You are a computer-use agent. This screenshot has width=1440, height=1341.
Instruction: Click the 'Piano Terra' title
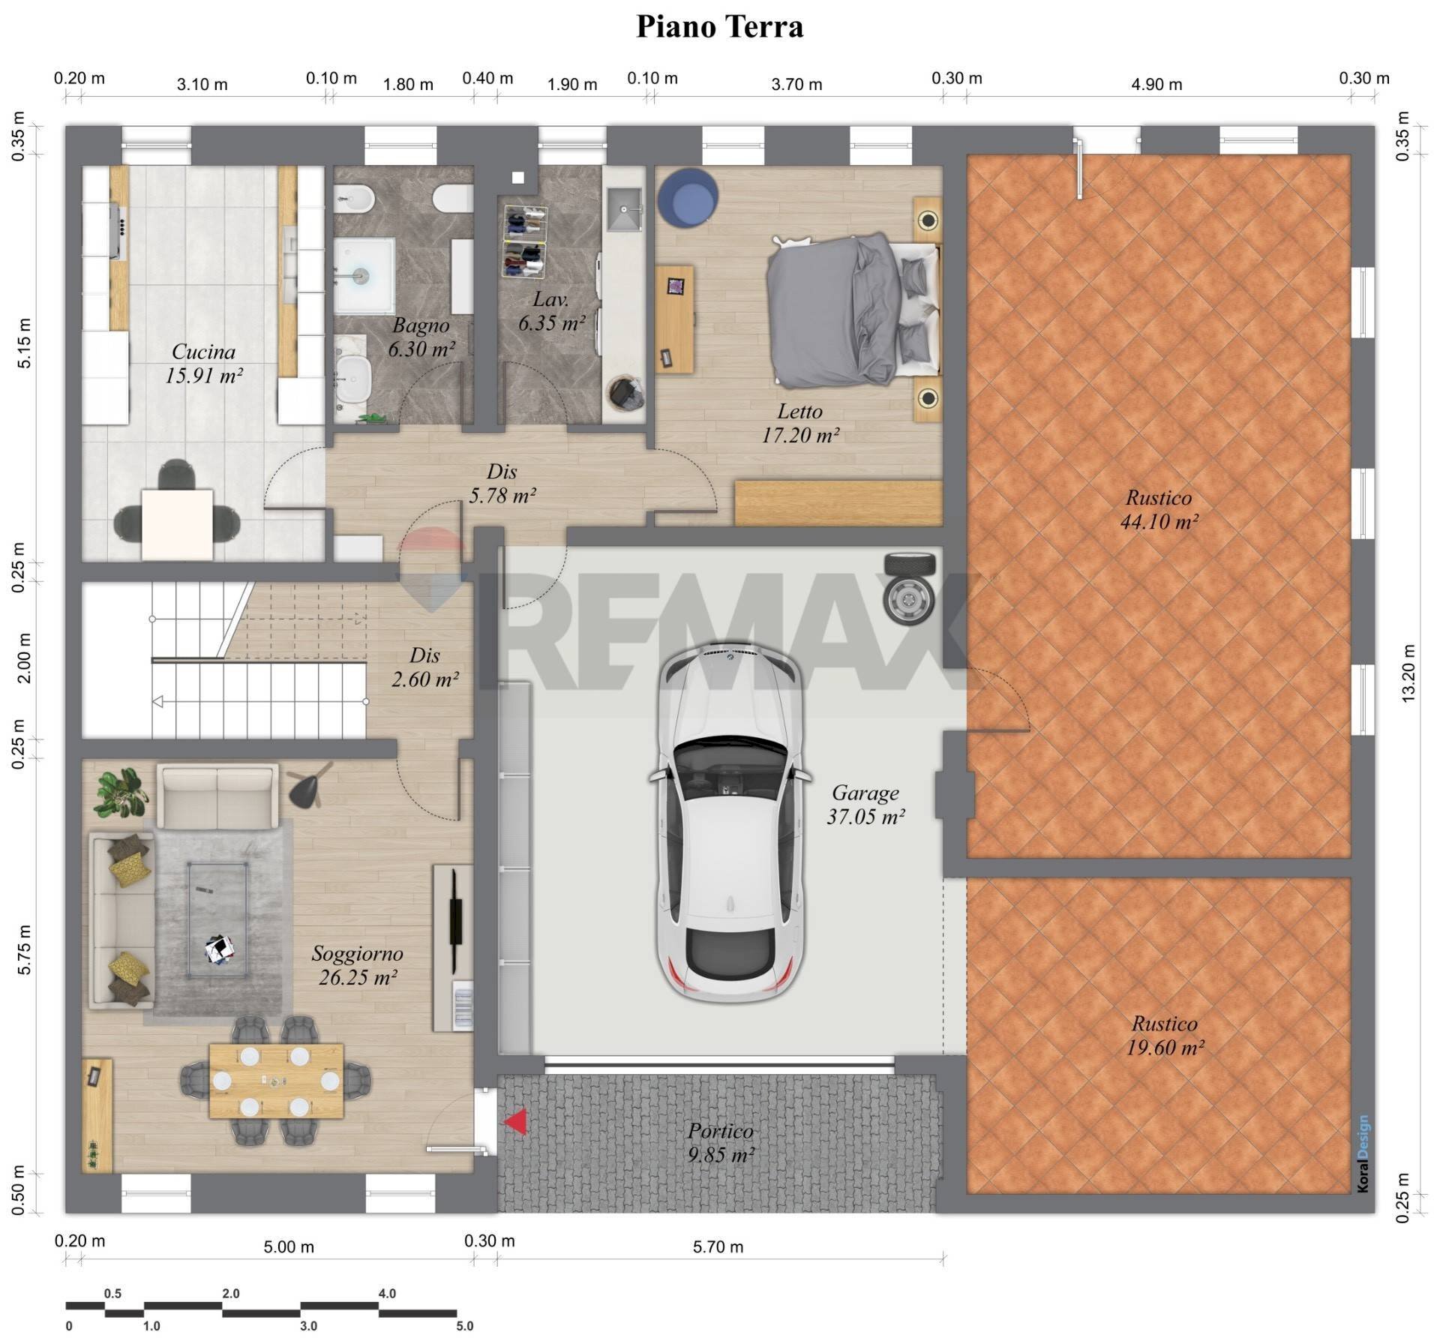(x=719, y=27)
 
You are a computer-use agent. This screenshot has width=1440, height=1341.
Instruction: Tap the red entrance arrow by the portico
(x=515, y=1123)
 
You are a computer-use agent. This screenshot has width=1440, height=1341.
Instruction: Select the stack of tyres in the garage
(x=910, y=587)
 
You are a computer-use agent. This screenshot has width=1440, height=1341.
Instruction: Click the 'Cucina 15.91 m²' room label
(x=203, y=364)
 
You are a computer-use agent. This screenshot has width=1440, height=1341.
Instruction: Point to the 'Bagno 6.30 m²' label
(x=421, y=337)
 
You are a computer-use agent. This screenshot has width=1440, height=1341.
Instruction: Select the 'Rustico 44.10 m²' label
(x=1159, y=509)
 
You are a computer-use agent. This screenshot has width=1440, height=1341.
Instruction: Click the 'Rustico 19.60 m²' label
(x=1164, y=1036)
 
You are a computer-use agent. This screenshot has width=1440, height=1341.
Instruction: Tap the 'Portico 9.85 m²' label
(x=720, y=1143)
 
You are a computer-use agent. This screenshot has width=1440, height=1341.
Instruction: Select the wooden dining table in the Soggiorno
(x=276, y=1081)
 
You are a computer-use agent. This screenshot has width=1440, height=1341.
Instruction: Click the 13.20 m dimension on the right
(x=1408, y=673)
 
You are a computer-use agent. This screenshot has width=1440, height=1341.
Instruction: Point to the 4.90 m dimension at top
(x=1156, y=85)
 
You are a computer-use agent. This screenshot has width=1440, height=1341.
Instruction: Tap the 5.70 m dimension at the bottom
(x=718, y=1247)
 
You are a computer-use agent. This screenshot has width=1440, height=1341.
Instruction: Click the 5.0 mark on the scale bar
(x=465, y=1326)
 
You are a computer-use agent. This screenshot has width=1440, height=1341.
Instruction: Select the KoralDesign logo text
(x=1363, y=1153)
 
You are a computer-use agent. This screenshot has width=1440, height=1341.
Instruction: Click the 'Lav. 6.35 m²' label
(x=551, y=312)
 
